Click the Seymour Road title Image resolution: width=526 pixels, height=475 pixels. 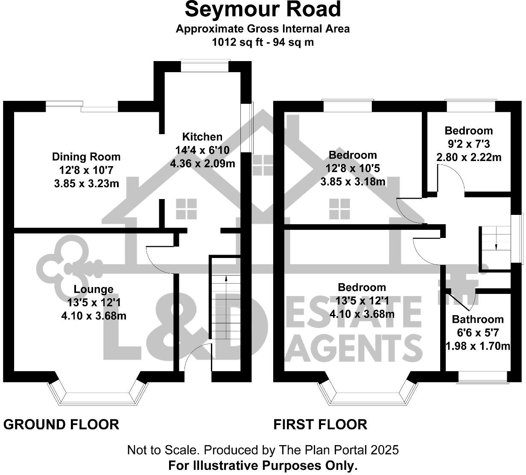point(263,9)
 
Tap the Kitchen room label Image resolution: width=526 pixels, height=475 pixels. point(202,137)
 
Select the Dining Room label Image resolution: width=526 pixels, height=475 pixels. point(86,157)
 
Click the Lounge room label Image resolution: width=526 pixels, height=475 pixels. point(94,289)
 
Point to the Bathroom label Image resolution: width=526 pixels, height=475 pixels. point(478,319)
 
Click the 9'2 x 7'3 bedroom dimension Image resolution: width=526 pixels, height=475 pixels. point(469,144)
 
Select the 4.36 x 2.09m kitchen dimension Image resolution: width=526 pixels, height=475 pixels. point(202,163)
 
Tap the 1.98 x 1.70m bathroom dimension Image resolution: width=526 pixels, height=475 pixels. point(478,346)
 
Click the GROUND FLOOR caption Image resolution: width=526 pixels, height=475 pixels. point(61,424)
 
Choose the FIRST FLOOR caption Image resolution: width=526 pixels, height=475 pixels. point(320,424)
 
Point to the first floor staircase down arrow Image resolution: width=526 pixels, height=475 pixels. point(496,246)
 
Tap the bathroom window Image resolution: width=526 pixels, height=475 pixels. point(483,377)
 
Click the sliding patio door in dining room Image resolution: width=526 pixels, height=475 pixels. point(82,106)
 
